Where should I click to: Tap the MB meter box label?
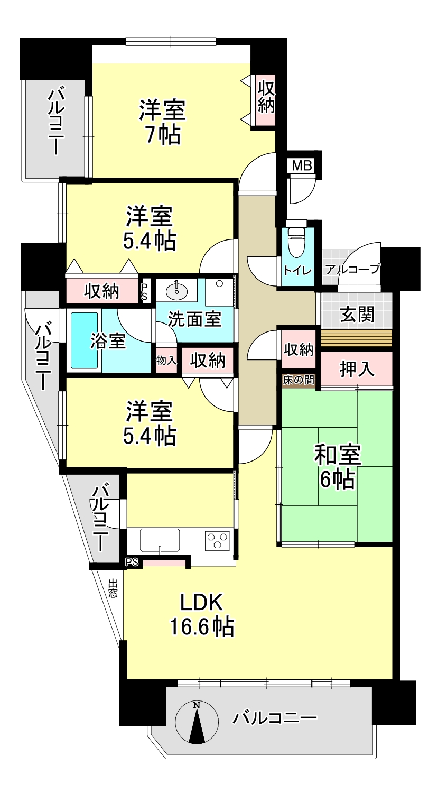(302, 165)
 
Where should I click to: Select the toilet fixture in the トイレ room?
(297, 240)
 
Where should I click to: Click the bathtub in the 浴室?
(84, 340)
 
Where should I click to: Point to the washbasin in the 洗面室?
(176, 290)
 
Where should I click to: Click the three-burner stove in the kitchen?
(217, 541)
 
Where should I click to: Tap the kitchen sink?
(160, 540)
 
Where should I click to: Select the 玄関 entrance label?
(357, 314)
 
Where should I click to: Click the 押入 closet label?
(357, 369)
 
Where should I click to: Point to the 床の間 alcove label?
(298, 380)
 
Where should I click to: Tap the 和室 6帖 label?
(338, 467)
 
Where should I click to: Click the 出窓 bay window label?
(113, 588)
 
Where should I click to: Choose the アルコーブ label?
(352, 269)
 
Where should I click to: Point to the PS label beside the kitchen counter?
(132, 562)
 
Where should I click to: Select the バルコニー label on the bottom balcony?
(274, 718)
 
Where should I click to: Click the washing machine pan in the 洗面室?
(219, 292)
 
